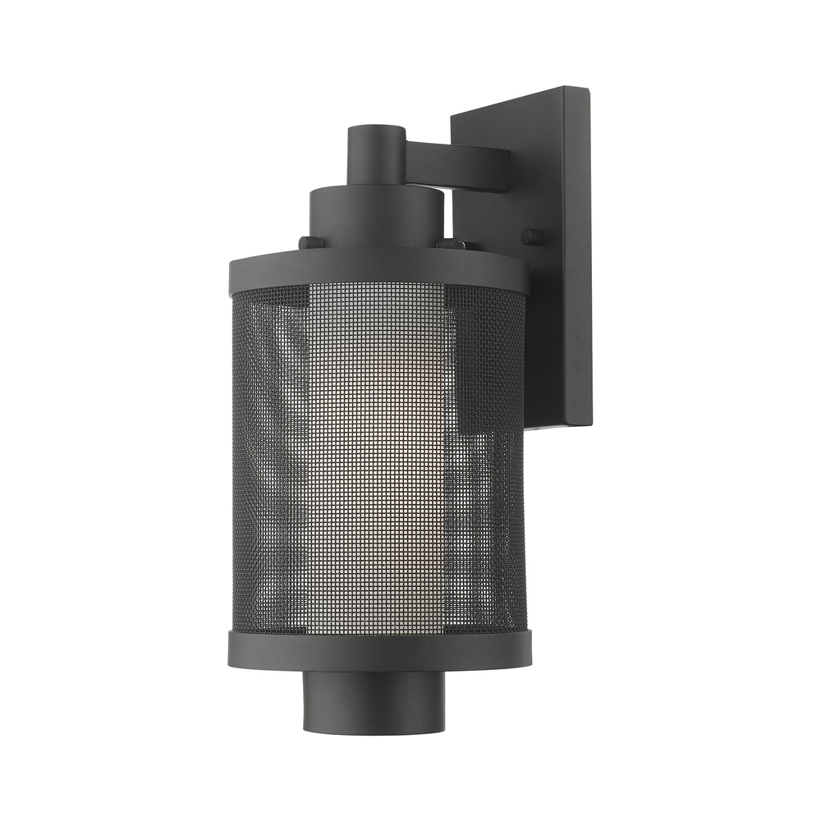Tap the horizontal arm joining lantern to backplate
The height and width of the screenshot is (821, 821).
pyautogui.click(x=456, y=164)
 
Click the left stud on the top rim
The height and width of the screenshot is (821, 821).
pyautogui.click(x=310, y=242)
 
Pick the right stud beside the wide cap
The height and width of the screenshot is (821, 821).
pyautogui.click(x=450, y=244)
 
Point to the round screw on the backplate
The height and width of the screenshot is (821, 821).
pyautogui.click(x=533, y=236)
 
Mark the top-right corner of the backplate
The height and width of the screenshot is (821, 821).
pyautogui.click(x=588, y=90)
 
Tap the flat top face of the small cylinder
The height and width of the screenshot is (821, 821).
pyautogui.click(x=376, y=130)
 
